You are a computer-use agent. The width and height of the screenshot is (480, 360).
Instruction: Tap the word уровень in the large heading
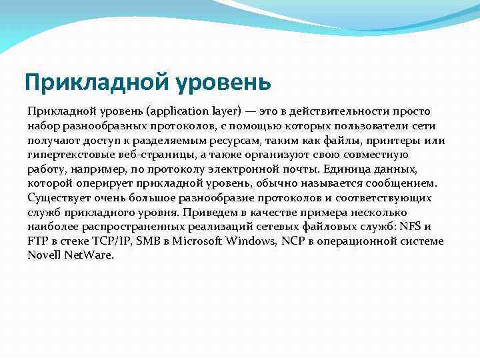pos(224,83)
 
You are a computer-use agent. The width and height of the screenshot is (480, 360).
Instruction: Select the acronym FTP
pos(37,241)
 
